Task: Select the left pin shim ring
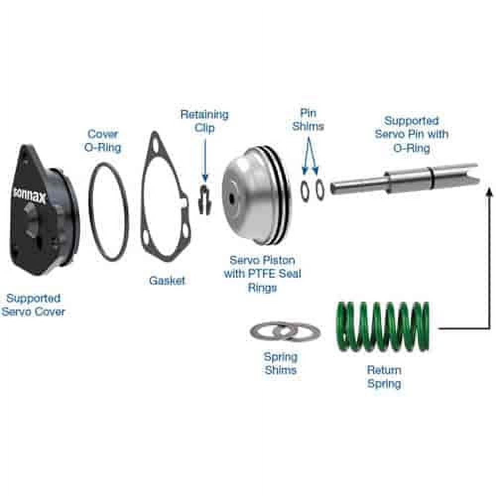(305, 191)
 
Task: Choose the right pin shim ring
(319, 190)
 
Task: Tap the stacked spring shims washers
(285, 332)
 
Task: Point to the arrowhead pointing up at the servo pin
(489, 189)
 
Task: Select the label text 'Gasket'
(167, 281)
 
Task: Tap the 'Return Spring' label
(384, 377)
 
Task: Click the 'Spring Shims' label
(280, 364)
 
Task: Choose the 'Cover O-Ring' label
(104, 141)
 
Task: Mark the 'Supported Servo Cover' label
(33, 305)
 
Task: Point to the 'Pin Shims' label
(308, 120)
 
